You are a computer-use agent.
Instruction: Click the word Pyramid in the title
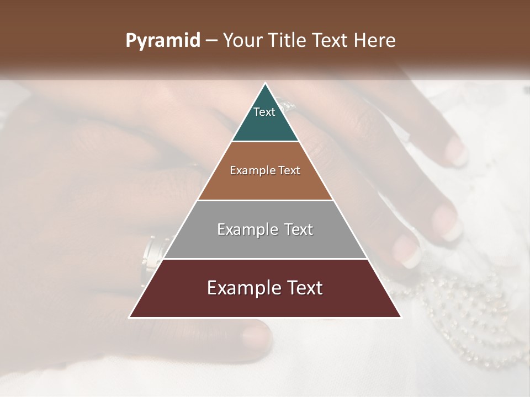pyautogui.click(x=162, y=41)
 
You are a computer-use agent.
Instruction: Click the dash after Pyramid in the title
pyautogui.click(x=211, y=41)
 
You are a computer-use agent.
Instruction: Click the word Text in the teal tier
pyautogui.click(x=264, y=112)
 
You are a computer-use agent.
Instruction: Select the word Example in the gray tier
pyautogui.click(x=245, y=229)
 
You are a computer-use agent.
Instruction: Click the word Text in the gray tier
pyautogui.click(x=299, y=229)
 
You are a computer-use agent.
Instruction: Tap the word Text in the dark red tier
pyautogui.click(x=304, y=288)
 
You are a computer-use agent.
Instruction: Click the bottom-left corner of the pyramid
pyautogui.click(x=129, y=318)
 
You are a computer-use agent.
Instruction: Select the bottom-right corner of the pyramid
pyautogui.click(x=401, y=318)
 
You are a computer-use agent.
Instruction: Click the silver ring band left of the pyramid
pyautogui.click(x=151, y=254)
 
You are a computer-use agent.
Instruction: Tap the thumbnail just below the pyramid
pyautogui.click(x=256, y=334)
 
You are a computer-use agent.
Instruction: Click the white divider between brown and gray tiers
pyautogui.click(x=265, y=200)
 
